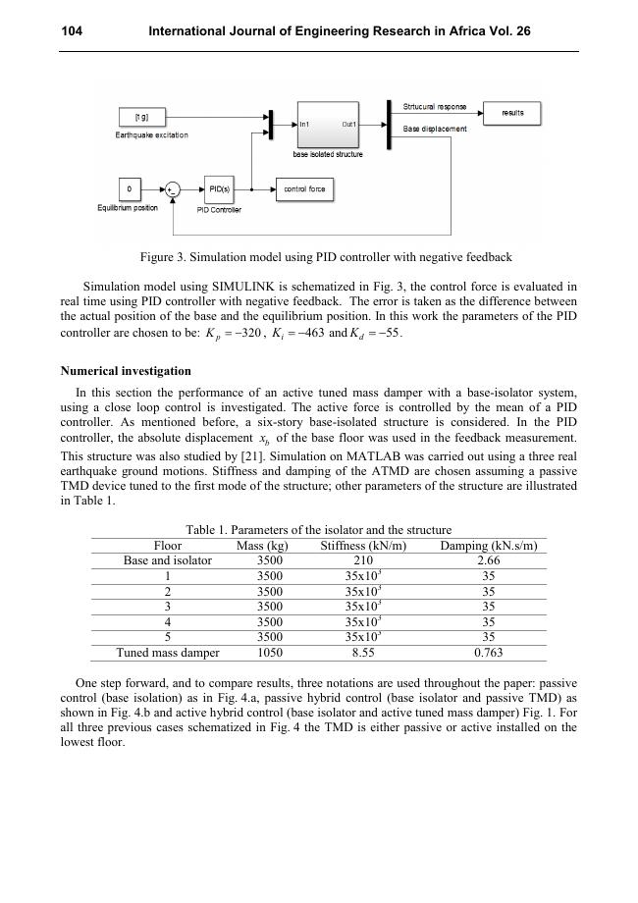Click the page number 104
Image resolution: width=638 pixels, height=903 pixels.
coord(72,31)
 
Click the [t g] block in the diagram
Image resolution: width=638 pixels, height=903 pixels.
coord(142,117)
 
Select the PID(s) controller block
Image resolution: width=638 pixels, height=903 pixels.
coord(218,188)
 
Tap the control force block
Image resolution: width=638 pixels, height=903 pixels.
coord(303,188)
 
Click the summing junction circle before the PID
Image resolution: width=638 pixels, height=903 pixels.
coord(173,189)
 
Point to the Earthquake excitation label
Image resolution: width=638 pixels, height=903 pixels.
coord(152,135)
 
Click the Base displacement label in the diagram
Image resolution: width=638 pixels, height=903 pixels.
coord(435,129)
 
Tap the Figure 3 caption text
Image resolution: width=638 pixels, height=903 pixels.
coord(326,257)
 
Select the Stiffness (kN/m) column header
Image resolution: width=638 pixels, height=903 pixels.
coord(363,546)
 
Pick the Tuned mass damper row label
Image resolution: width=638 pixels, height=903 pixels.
coord(168,652)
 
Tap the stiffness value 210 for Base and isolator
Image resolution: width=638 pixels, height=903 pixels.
coord(363,560)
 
